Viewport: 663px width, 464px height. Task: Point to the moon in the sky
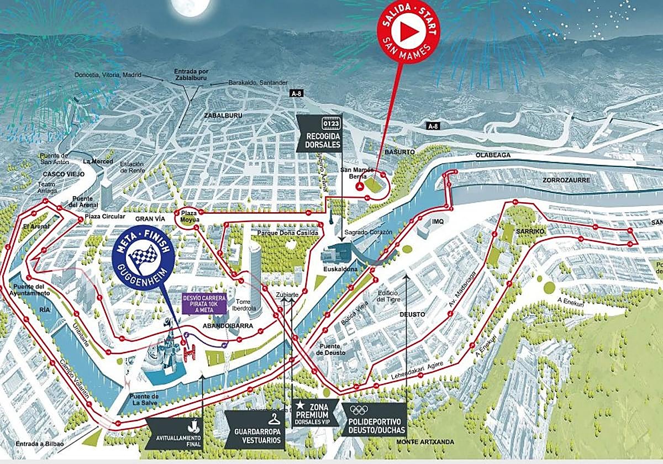[x=191, y=6]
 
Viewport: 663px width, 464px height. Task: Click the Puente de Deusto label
[x=330, y=349]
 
